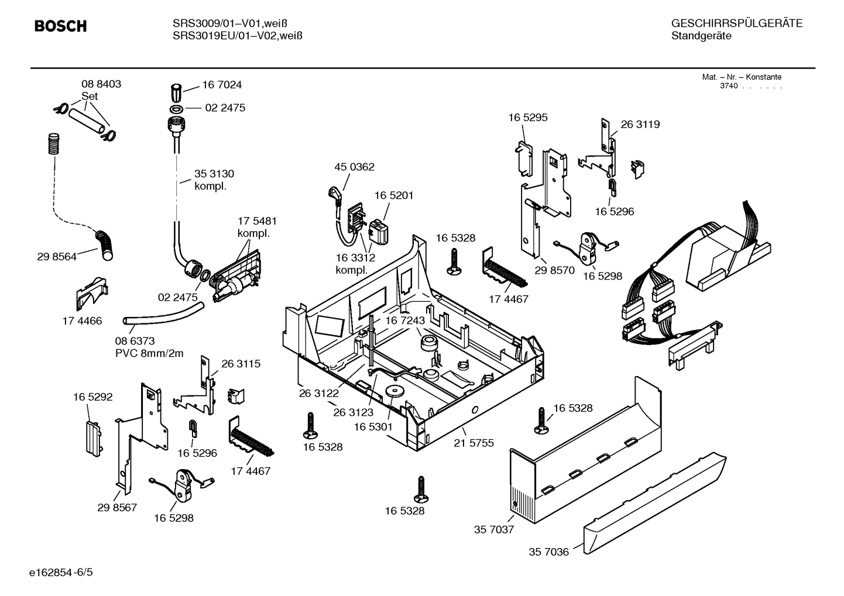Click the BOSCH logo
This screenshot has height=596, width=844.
[x=60, y=26]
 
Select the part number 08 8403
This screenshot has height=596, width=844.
[x=101, y=84]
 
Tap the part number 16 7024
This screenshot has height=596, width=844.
[x=222, y=85]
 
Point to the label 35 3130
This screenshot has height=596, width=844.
[x=214, y=174]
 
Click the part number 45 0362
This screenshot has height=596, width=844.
[x=354, y=167]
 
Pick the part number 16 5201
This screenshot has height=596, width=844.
[x=394, y=195]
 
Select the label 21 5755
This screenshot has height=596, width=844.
[x=474, y=443]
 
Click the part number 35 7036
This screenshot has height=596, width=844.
[x=548, y=552]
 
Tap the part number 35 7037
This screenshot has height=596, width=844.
[x=493, y=529]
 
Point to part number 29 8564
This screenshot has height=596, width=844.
[x=56, y=256]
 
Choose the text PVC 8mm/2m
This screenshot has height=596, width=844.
[x=149, y=353]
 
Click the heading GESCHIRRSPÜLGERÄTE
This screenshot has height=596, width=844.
[x=736, y=23]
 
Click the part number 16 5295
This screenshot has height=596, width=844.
[x=527, y=117]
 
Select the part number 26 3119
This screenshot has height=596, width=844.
[x=640, y=124]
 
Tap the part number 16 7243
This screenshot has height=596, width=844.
[x=404, y=321]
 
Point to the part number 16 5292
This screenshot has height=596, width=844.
[x=92, y=397]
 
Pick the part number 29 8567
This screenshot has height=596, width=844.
[x=116, y=507]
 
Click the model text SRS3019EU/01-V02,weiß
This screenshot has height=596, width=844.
[x=237, y=36]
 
